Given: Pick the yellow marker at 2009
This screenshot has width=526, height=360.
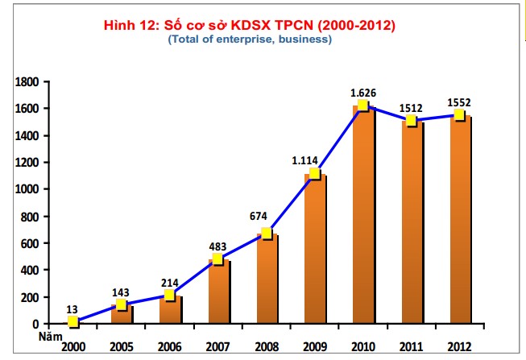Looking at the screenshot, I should (x=314, y=174).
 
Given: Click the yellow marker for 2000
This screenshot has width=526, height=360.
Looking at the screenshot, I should (x=73, y=321).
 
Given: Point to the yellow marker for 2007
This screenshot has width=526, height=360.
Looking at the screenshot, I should (x=217, y=259).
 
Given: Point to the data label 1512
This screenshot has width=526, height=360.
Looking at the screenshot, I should (x=412, y=108).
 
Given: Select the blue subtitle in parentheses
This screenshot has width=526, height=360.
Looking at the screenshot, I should (x=250, y=39).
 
